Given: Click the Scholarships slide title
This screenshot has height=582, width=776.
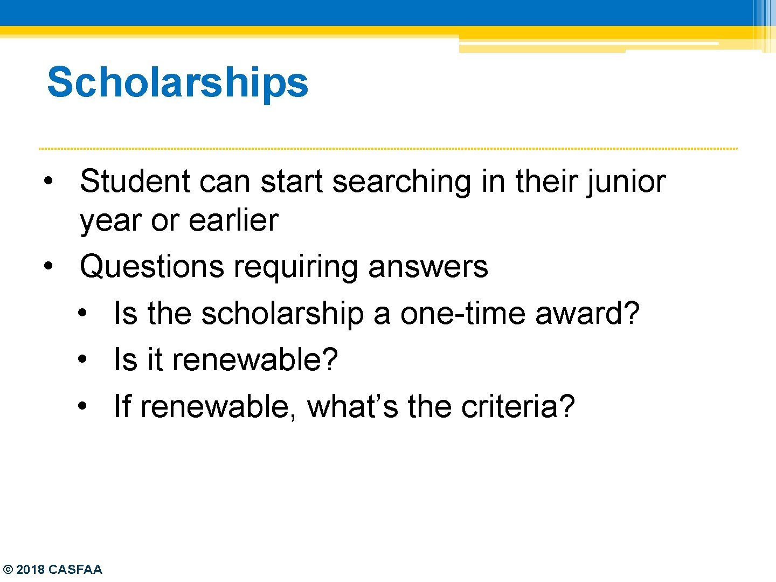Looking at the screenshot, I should (x=178, y=82).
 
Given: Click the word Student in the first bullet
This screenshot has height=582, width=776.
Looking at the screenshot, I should (x=135, y=181).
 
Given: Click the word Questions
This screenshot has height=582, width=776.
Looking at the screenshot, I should (x=151, y=267).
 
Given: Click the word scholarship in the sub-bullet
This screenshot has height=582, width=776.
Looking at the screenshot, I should (x=282, y=314).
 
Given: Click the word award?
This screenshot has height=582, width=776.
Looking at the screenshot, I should (x=587, y=314).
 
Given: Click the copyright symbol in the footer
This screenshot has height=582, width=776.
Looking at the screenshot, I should (x=8, y=570).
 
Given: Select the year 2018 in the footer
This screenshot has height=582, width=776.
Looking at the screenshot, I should (x=31, y=570).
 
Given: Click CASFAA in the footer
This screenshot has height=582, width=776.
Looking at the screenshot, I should (x=75, y=570).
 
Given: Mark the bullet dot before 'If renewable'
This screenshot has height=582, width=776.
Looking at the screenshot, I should (x=82, y=406).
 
